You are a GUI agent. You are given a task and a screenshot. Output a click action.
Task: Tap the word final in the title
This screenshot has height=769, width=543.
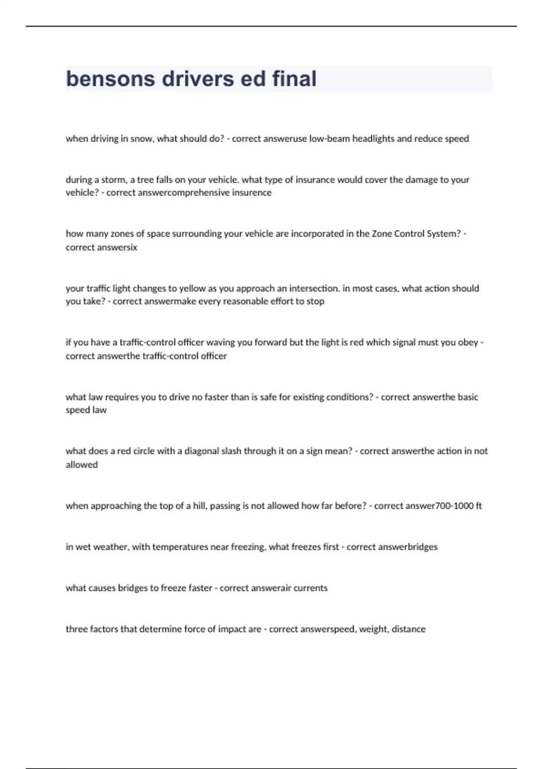294,79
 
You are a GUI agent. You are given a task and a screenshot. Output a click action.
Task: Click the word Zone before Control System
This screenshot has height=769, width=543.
381,234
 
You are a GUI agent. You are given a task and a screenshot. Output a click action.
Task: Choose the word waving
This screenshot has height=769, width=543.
220,342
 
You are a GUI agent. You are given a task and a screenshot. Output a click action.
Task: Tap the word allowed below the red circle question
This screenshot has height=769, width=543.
81,465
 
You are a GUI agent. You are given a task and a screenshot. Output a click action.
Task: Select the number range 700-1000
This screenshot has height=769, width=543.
462,506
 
